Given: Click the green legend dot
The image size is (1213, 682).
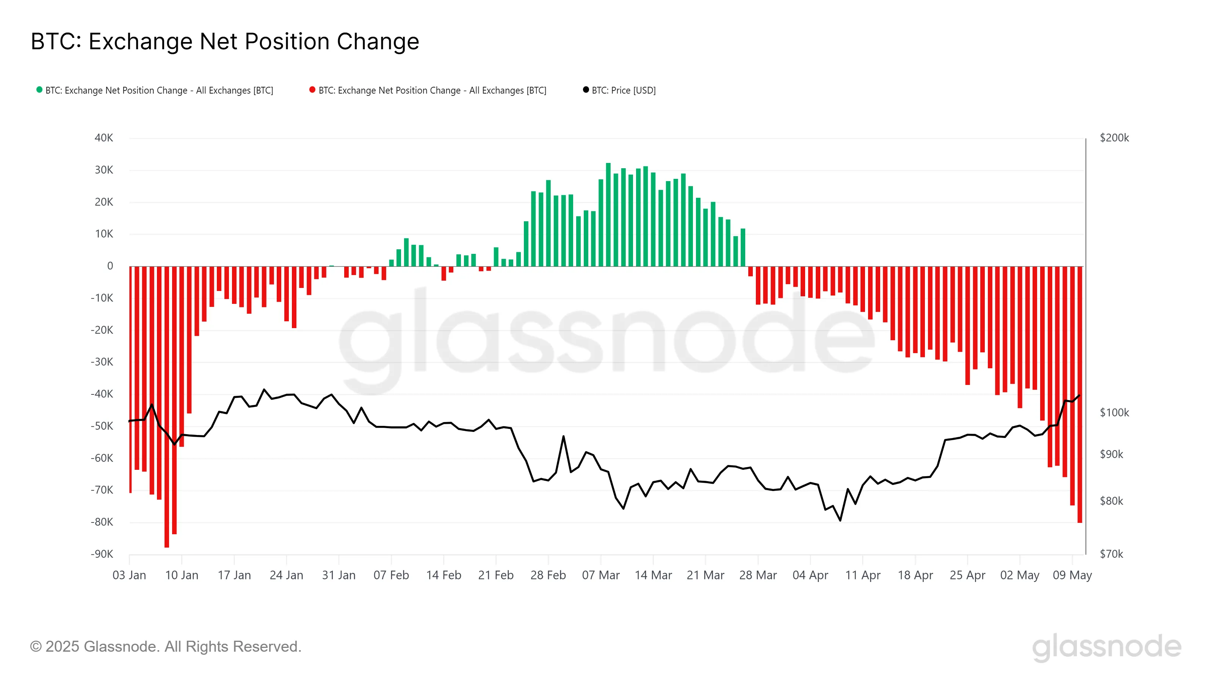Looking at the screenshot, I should tap(39, 89).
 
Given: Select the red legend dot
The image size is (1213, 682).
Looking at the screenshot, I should tap(312, 89).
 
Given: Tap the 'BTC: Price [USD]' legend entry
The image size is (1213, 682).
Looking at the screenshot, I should tap(623, 91).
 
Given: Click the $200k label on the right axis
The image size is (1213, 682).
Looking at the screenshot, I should tap(1114, 138).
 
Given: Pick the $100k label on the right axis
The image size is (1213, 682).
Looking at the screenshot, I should tap(1114, 413).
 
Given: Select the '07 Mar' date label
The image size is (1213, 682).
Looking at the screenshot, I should tap(600, 575).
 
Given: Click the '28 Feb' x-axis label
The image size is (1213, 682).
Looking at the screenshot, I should tap(548, 575).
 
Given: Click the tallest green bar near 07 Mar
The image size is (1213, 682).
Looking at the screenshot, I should tap(608, 214).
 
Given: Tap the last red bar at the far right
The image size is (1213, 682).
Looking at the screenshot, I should tap(1080, 395).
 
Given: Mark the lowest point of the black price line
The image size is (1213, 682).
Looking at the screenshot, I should tap(840, 521).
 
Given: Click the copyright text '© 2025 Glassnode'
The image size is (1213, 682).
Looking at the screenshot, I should tap(165, 646).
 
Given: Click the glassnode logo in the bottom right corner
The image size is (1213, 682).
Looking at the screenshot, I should tap(1106, 647).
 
